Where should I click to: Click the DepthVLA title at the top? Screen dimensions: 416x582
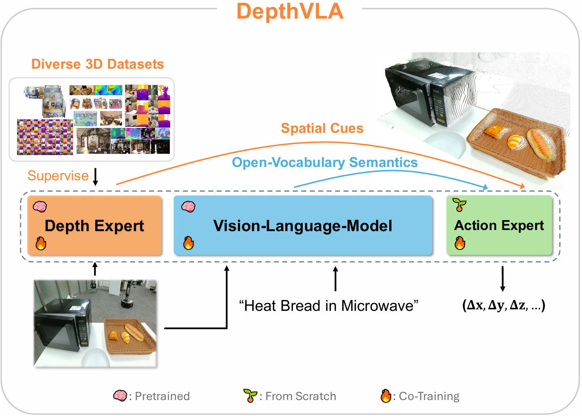(290, 11)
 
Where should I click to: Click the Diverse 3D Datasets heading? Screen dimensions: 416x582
(98, 64)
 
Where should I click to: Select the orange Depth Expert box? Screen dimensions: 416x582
(94, 225)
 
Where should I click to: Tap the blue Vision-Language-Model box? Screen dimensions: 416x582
(303, 225)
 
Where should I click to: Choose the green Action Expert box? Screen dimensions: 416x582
(499, 225)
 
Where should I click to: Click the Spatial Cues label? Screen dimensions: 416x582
(322, 128)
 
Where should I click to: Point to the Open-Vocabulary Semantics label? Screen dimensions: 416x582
(325, 162)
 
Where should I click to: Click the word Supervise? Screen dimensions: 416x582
(58, 176)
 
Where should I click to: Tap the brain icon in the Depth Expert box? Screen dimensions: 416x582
(40, 206)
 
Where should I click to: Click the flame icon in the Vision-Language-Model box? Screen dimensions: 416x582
(189, 243)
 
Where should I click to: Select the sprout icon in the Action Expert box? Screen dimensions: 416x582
(459, 205)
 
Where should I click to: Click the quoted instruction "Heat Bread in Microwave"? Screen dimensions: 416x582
(329, 306)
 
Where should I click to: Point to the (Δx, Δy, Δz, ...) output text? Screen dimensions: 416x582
(503, 305)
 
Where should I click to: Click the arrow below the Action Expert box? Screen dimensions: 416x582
(503, 279)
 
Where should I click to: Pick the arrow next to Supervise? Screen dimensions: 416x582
(96, 177)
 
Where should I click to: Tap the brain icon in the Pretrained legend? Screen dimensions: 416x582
(120, 396)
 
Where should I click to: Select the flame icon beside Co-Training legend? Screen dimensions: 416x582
(386, 396)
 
